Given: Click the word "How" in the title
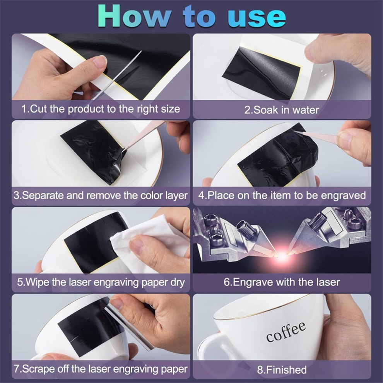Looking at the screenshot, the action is coord(134,16).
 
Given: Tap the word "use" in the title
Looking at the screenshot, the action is coord(257,17).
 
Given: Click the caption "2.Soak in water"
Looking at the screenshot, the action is coord(282,110).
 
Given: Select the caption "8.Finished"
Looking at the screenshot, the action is coord(282,369).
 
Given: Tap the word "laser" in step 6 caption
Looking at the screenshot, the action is coord(328,282).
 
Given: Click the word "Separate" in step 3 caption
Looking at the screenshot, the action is coord(43,196).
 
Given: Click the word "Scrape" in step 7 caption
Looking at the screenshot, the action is coord(38,369).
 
